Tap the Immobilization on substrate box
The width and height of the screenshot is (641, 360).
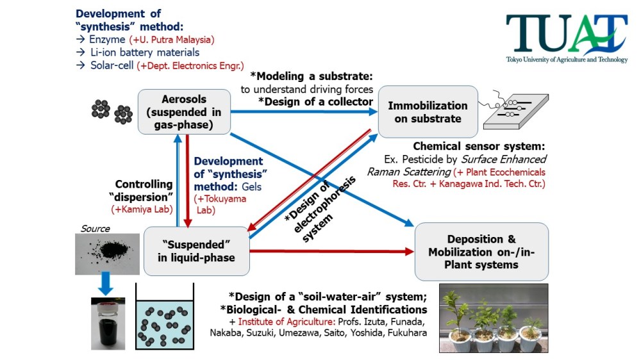point(428,112)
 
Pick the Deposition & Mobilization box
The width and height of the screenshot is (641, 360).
point(481,251)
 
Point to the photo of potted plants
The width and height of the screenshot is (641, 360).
point(494,318)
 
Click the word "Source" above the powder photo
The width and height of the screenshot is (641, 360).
point(95,229)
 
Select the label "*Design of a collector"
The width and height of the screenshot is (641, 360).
point(315,101)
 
